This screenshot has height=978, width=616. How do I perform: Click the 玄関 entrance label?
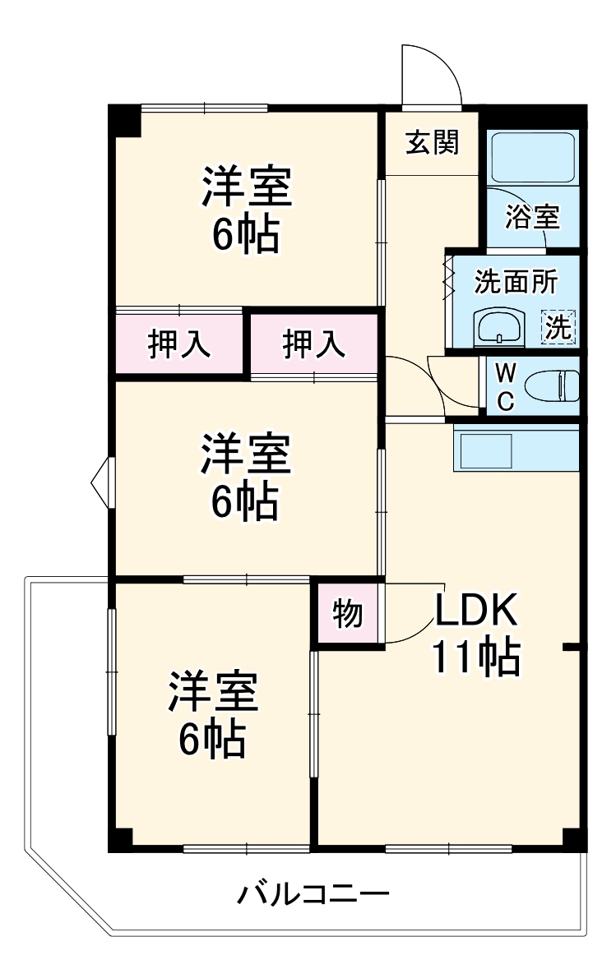pos(432,143)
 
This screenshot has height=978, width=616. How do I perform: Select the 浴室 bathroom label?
pos(532,216)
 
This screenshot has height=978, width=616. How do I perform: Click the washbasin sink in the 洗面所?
pos(499,327)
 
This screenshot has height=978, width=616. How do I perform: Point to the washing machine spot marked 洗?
pos(558,326)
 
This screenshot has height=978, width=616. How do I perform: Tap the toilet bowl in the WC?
pos(552,386)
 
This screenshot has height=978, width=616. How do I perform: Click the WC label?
pos(506,387)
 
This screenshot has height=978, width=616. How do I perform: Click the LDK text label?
pos(475,610)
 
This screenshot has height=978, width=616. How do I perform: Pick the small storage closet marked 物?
pos(348,612)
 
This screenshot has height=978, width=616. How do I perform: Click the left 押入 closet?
pos(179,344)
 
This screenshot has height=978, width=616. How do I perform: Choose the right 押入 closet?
pos(314,344)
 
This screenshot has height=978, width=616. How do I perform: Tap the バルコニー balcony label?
pos(313,894)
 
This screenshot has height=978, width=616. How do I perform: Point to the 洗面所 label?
pos(516,282)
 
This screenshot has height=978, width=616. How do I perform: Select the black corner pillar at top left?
pos(125,120)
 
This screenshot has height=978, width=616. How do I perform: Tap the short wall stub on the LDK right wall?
pos(572,648)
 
